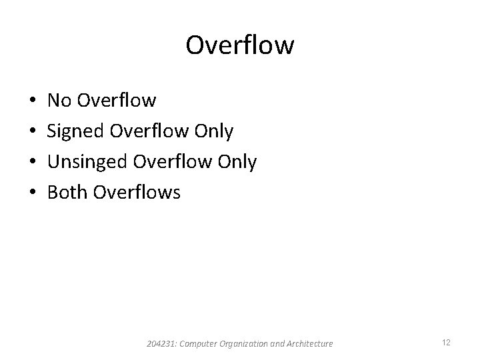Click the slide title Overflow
coord(239,45)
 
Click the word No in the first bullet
coord(60,101)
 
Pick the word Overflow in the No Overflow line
coord(117,101)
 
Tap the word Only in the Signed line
coord(213,132)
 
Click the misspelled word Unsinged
coord(88,163)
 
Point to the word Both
coord(68,193)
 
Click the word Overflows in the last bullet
coord(137,193)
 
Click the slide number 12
coord(446,343)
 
